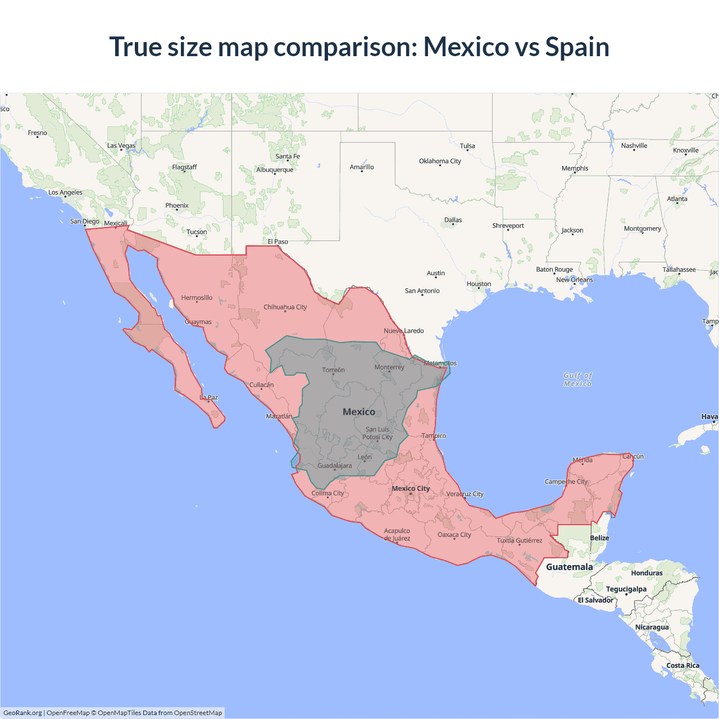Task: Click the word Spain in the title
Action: point(577,47)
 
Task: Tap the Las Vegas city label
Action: point(121,145)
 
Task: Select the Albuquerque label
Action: point(275,170)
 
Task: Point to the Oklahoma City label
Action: point(440,161)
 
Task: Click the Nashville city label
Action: point(634,145)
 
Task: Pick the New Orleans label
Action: point(574,280)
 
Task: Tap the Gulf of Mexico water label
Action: point(577,380)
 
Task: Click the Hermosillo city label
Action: point(197,298)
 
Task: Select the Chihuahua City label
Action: point(285,307)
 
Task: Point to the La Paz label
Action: point(208,397)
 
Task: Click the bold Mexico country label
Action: point(359,412)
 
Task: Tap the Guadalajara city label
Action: point(335,466)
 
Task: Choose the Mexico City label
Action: point(411,488)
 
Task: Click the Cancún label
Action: point(633,456)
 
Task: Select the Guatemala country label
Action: point(569,567)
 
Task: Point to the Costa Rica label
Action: point(683,666)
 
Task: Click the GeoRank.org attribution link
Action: point(22,713)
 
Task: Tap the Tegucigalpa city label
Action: point(626,589)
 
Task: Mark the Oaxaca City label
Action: point(454,535)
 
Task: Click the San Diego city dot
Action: point(85,226)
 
